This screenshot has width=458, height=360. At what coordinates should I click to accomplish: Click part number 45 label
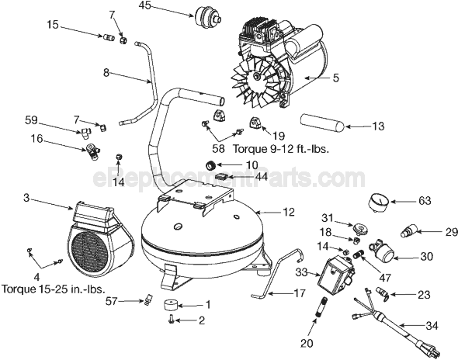[145, 9]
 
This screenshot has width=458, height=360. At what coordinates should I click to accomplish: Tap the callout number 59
[31, 121]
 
